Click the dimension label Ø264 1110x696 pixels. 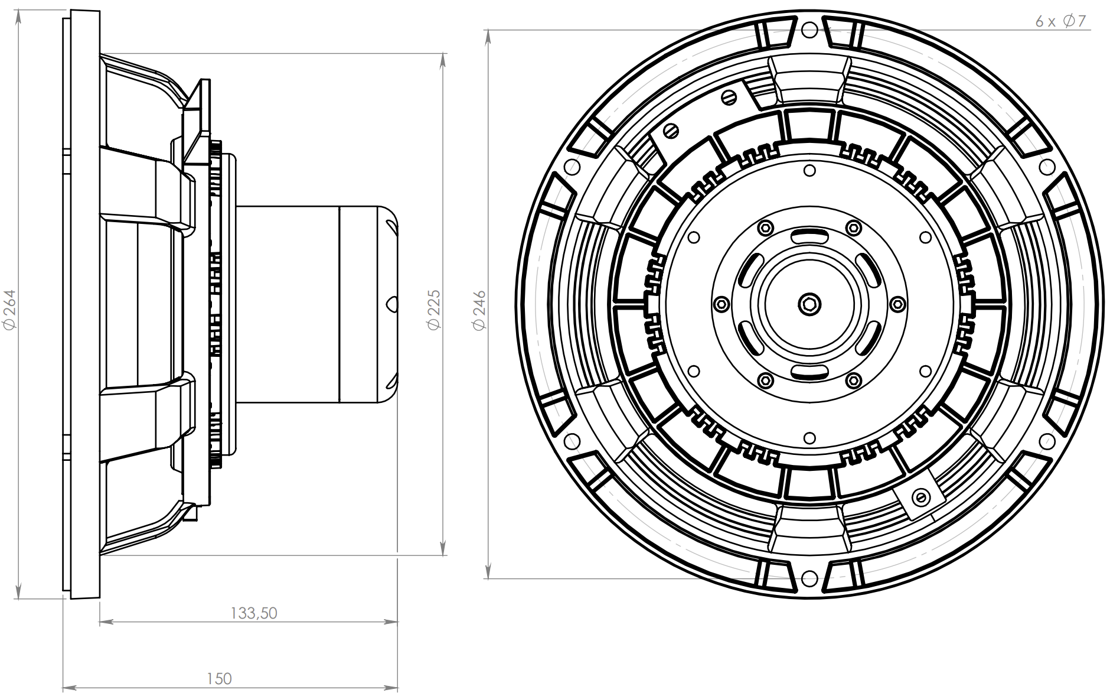10,309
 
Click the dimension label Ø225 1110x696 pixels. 434,309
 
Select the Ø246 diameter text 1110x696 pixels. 479,309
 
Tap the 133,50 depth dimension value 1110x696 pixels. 253,613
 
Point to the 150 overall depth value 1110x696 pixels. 219,679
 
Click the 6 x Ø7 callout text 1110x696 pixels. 1060,21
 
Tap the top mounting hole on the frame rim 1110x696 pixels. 810,30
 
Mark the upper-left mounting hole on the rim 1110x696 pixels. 572,167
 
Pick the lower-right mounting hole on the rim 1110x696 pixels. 1048,441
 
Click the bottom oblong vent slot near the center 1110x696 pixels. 810,372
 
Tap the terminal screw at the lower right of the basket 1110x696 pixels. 919,496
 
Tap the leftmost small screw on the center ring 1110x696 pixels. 720,304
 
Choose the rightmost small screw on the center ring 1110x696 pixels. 897,304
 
